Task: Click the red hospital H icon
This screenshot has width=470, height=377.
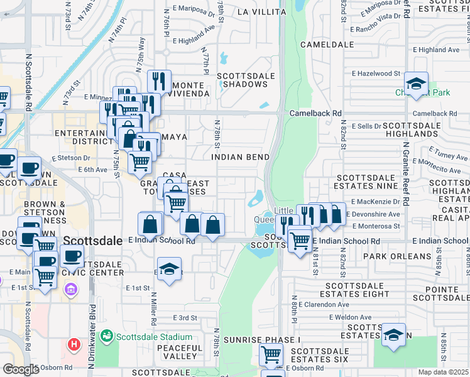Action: pos(74,345)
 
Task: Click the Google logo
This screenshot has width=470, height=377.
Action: pos(21,369)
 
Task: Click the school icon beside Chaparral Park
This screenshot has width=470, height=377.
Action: pos(416,84)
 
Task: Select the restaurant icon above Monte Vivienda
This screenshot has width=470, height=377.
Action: pos(159,81)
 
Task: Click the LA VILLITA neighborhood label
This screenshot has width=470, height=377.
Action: pos(261,12)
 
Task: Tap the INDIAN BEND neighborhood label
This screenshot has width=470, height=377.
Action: pos(241,157)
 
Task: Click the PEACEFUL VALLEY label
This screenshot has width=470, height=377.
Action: pos(180,352)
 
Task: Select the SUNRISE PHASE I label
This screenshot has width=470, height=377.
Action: pos(265,339)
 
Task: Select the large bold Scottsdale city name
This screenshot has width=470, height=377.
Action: pos(95,240)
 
